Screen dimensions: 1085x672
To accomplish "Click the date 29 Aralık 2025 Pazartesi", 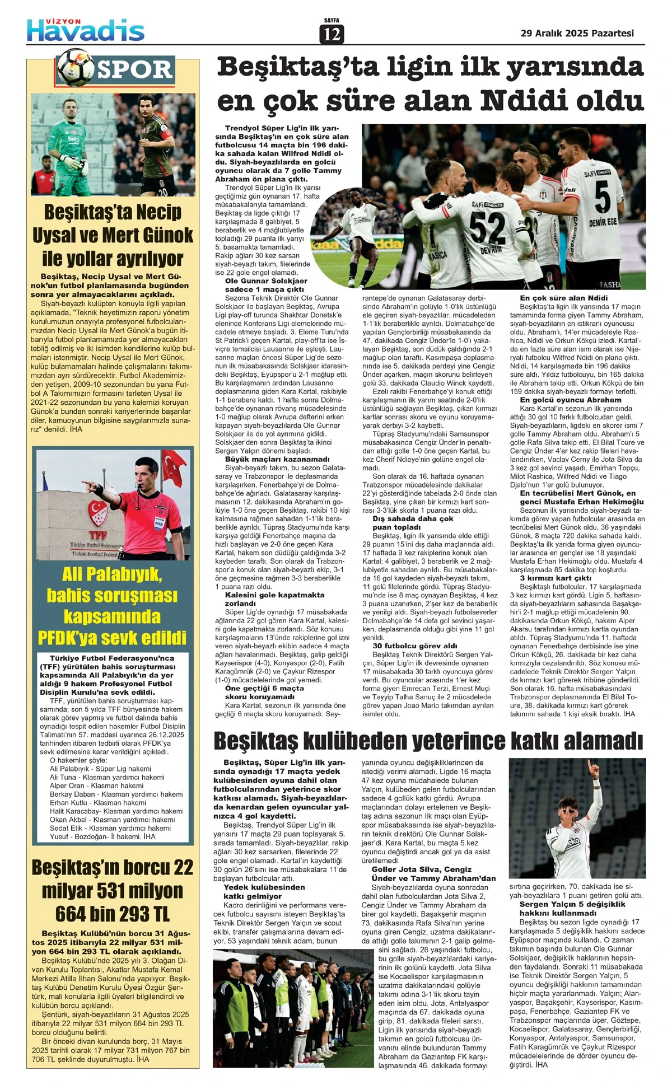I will tap(577, 33).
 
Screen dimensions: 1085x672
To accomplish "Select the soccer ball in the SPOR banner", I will tap(76, 66).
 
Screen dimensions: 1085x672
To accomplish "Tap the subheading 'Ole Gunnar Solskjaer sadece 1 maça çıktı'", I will tap(267, 285).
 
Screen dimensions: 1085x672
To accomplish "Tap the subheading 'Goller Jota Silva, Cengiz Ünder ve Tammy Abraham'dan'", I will tap(433, 873).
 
